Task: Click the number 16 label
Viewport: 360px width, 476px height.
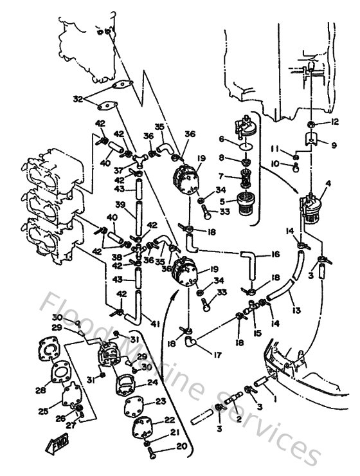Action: pos(275,255)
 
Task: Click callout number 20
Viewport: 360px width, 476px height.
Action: pos(182,464)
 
